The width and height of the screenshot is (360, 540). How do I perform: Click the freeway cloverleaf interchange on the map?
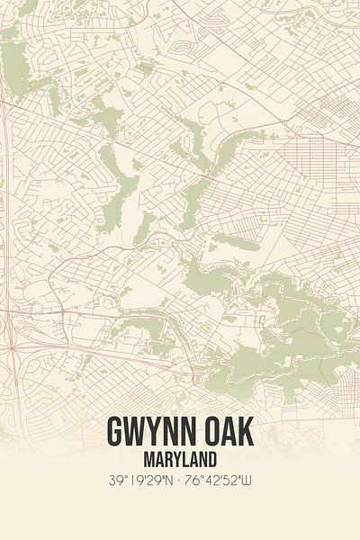pos(11,347)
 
